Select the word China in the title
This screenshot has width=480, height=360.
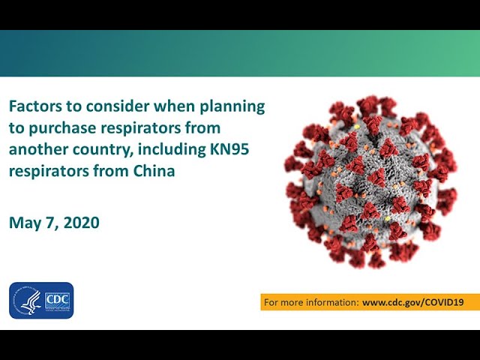[154, 171]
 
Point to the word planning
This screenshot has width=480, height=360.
[232, 106]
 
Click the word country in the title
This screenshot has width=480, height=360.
[103, 150]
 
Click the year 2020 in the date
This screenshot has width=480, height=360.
[82, 223]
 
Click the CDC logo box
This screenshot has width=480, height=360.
[58, 301]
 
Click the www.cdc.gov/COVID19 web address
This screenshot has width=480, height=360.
[413, 302]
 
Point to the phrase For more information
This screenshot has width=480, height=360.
[311, 302]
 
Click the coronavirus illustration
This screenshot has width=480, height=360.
[370, 181]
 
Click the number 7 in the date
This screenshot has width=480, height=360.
[52, 223]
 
